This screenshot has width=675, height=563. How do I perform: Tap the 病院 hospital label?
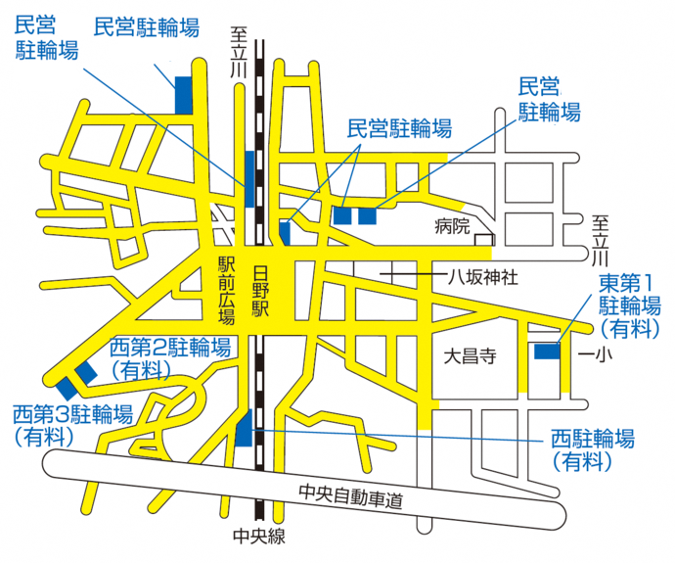453,226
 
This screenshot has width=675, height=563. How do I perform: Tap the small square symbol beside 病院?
483,239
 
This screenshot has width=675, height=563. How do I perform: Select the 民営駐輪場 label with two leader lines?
400,127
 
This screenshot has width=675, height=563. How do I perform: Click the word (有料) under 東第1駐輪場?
630,329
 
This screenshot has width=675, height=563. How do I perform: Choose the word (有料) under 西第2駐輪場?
142,369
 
